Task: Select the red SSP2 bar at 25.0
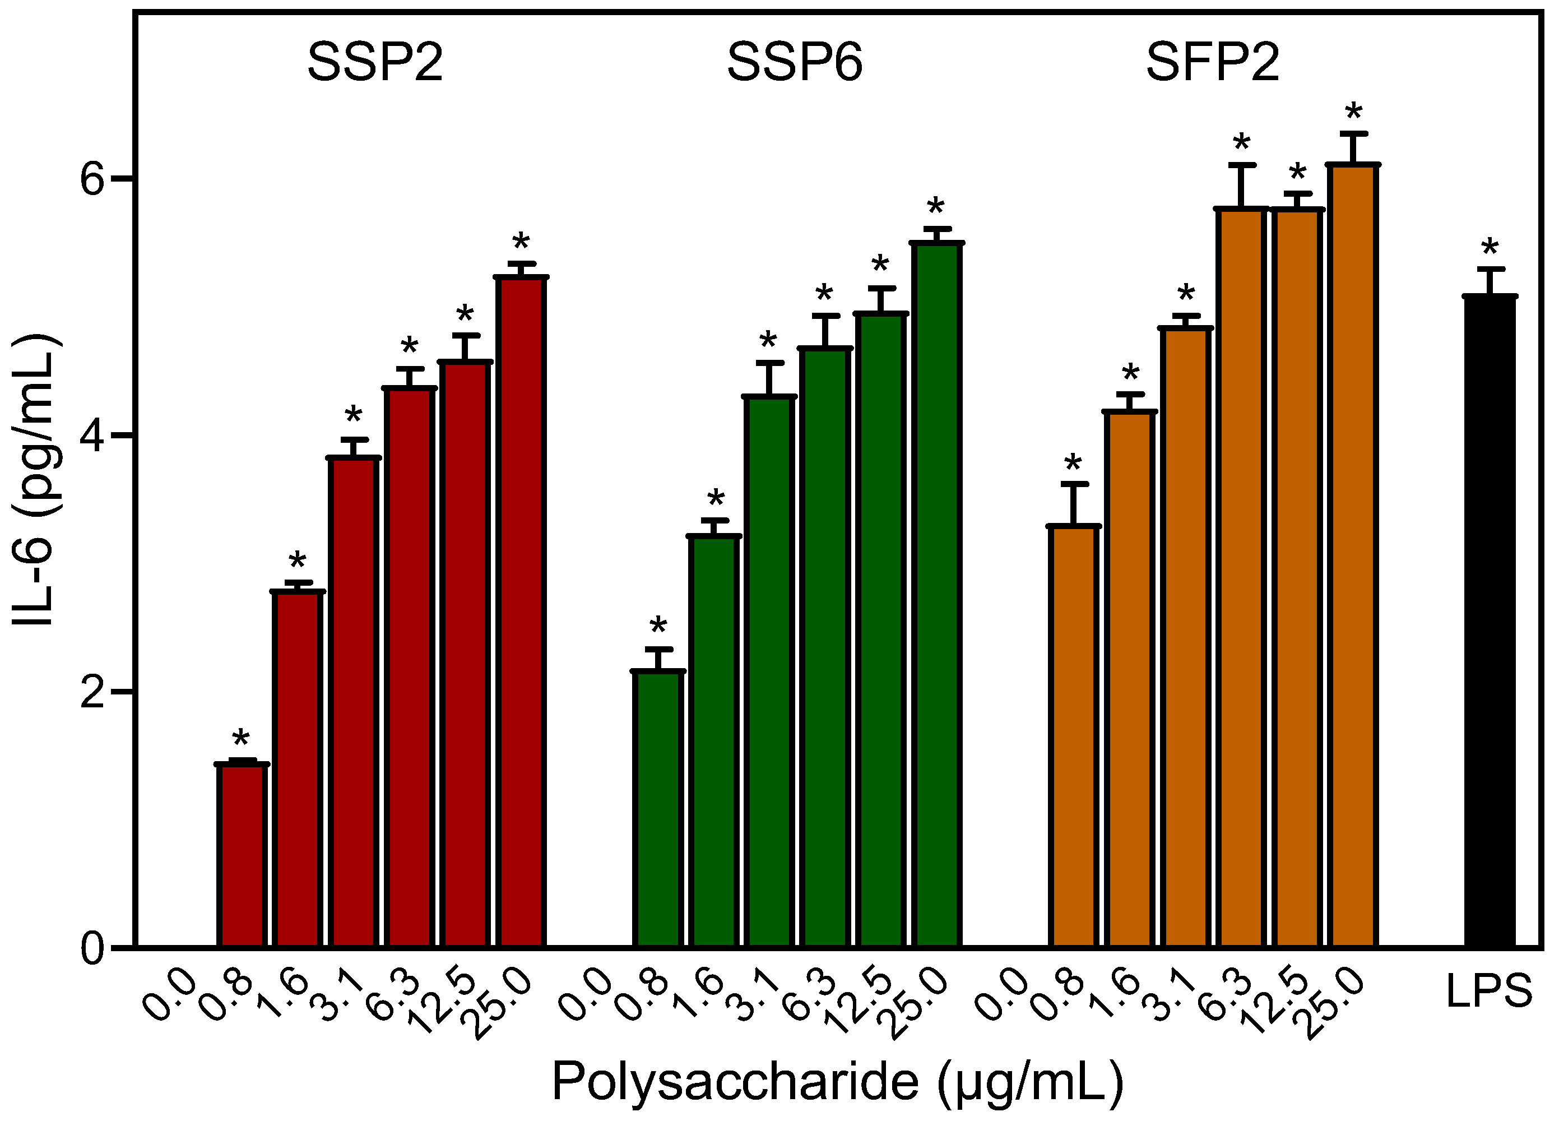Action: [x=521, y=612]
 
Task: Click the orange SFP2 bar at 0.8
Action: [x=1073, y=736]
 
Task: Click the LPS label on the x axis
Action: [x=1489, y=992]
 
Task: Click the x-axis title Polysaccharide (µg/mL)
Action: [x=837, y=1082]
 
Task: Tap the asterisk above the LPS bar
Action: [x=1489, y=246]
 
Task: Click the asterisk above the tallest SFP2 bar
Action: [x=1353, y=111]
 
